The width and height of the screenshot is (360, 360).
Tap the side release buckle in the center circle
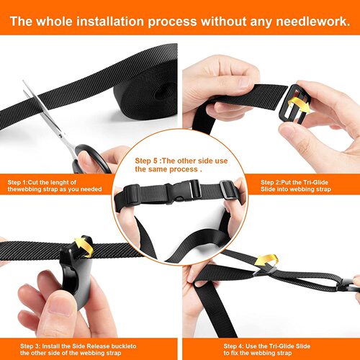point(180,192)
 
